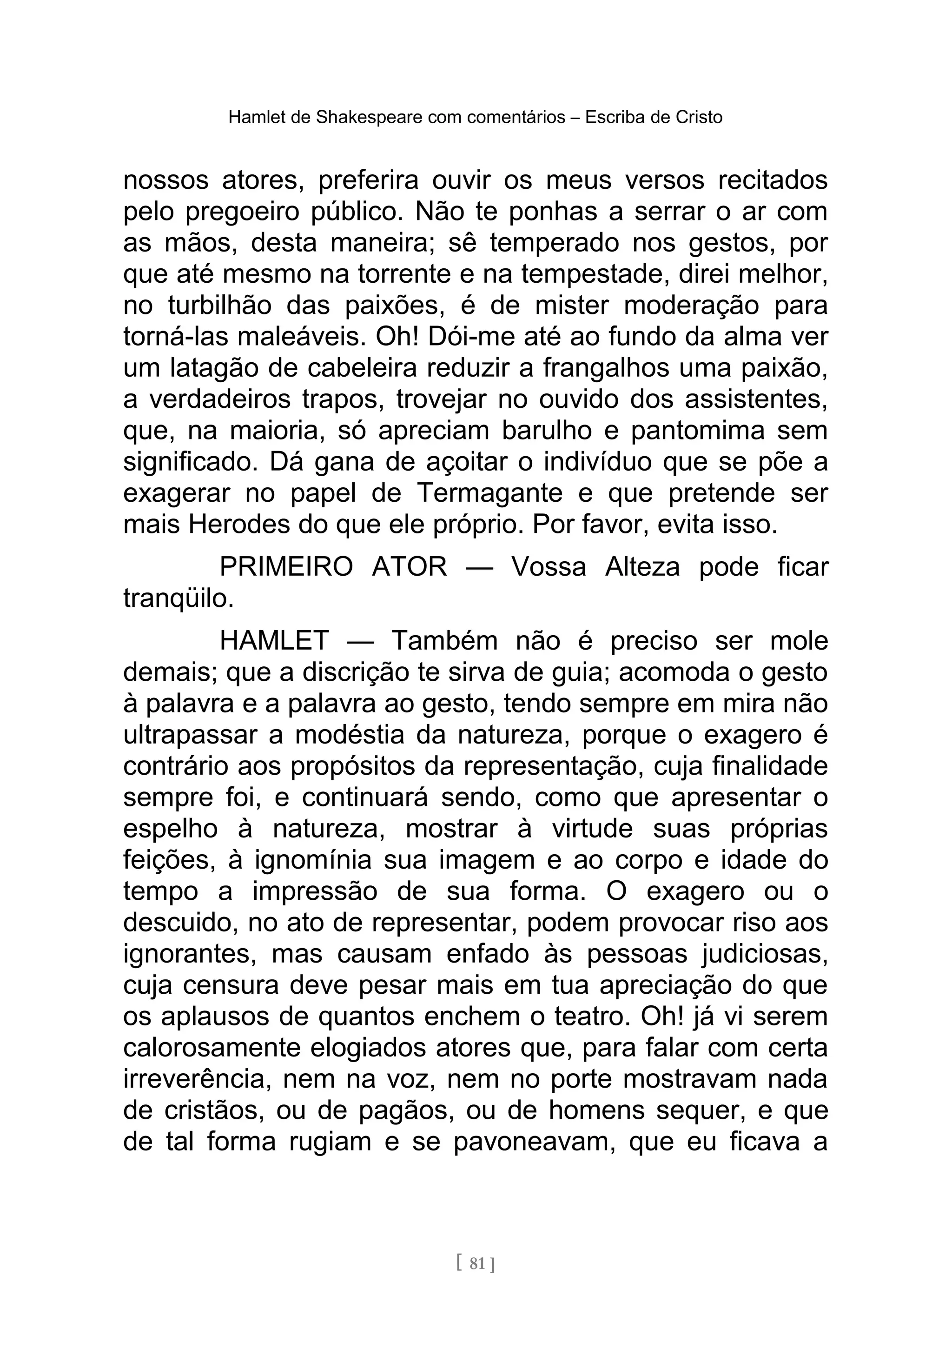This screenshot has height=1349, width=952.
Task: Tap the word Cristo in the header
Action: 698,118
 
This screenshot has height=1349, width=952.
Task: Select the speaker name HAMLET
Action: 274,640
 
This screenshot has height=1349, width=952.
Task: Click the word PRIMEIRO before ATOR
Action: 286,567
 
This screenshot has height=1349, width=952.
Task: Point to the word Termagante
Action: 490,493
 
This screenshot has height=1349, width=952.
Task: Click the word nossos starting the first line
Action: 165,180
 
